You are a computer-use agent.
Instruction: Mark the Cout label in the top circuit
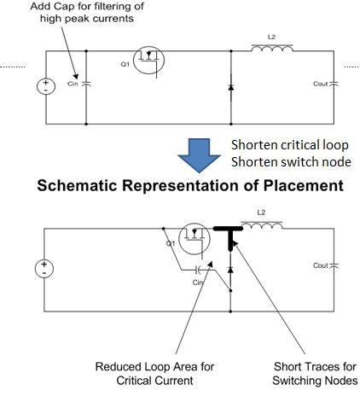[x=319, y=84]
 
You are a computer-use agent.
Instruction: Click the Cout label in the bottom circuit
[x=321, y=265]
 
